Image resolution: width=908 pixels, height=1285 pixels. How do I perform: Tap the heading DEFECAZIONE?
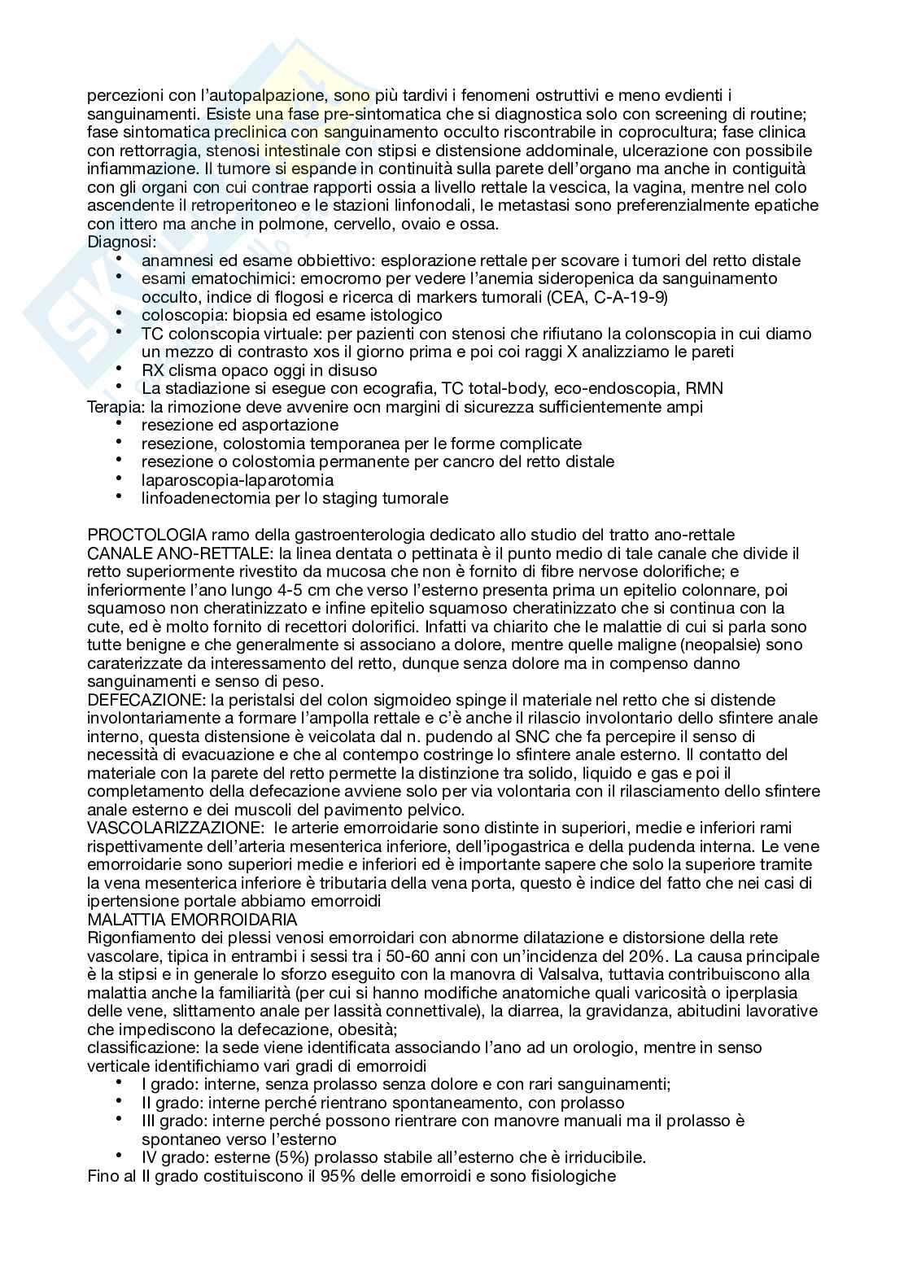click(x=139, y=700)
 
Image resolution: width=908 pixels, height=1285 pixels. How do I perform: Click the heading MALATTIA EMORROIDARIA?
click(x=192, y=920)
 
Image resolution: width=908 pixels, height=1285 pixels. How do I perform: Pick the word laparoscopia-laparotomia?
click(x=237, y=480)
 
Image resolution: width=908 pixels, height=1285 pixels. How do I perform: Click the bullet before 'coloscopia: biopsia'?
click(x=120, y=313)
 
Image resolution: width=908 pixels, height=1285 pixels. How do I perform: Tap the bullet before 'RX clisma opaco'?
click(x=120, y=369)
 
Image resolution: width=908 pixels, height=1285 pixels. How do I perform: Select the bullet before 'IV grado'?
click(x=120, y=1156)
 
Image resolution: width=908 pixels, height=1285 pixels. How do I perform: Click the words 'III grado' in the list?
click(x=171, y=1121)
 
